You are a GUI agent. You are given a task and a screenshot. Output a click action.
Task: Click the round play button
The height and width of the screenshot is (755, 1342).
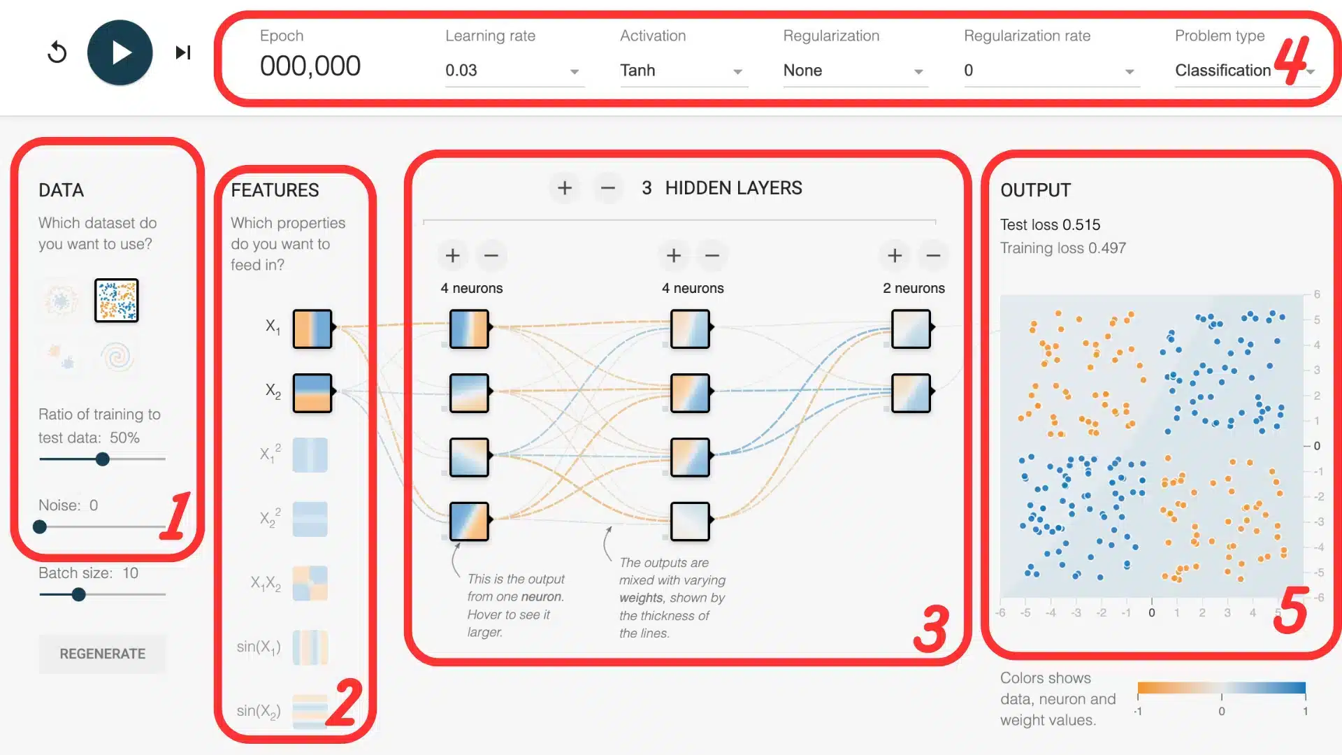pyautogui.click(x=120, y=52)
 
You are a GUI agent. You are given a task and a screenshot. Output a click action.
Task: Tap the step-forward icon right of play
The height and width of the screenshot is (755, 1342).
pyautogui.click(x=183, y=52)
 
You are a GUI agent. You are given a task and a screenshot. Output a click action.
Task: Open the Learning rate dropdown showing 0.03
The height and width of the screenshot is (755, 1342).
pyautogui.click(x=514, y=71)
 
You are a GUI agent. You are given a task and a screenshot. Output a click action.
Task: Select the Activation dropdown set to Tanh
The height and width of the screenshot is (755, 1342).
pyautogui.click(x=683, y=71)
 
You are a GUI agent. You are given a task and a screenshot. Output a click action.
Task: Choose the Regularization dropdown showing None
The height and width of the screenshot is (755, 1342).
pyautogui.click(x=855, y=71)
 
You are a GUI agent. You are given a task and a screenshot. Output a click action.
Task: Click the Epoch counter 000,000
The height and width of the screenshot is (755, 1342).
pyautogui.click(x=310, y=66)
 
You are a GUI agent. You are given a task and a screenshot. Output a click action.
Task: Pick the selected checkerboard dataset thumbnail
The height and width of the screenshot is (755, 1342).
pyautogui.click(x=117, y=301)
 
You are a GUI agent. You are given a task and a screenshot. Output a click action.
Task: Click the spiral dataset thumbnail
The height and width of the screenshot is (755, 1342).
pyautogui.click(x=117, y=357)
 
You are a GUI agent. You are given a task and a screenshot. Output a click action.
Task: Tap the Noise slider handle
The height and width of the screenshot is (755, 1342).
pyautogui.click(x=40, y=527)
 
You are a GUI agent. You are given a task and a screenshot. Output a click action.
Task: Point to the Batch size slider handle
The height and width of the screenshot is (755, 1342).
pyautogui.click(x=79, y=595)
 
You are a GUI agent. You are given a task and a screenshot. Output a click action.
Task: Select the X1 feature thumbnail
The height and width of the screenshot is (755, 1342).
pyautogui.click(x=312, y=329)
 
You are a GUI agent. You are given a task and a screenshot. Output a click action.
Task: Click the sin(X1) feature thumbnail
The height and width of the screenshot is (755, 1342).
pyautogui.click(x=310, y=647)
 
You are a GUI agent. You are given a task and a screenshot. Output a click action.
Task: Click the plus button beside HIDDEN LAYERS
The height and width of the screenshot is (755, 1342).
pyautogui.click(x=565, y=188)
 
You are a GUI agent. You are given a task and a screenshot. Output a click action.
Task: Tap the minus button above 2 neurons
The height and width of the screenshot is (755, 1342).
pyautogui.click(x=933, y=256)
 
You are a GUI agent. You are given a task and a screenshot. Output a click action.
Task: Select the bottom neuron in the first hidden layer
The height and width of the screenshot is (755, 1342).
pyautogui.click(x=469, y=522)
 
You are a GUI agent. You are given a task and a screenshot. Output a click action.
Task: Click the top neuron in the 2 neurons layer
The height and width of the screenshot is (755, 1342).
pyautogui.click(x=911, y=329)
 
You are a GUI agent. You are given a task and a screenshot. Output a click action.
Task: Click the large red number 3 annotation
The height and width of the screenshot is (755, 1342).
pyautogui.click(x=932, y=629)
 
